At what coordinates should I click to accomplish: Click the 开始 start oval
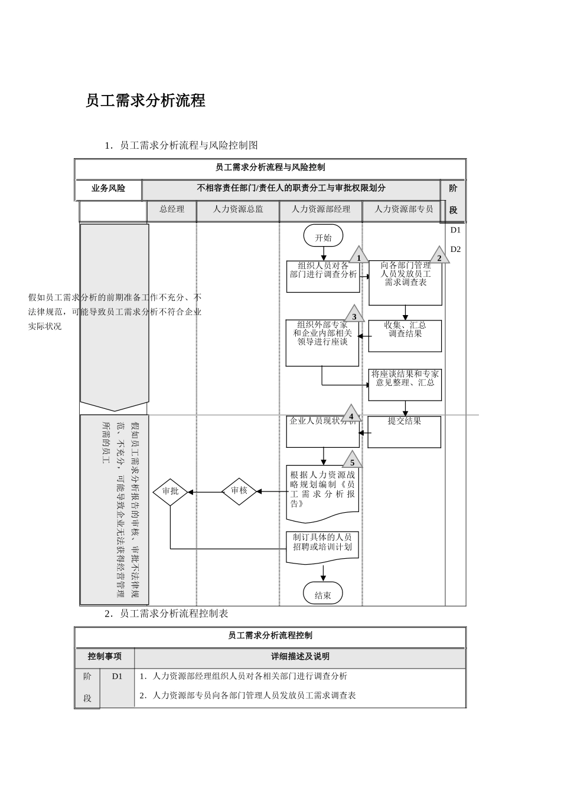323,236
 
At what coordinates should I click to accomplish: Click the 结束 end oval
323,594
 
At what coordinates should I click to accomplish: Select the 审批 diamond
170,491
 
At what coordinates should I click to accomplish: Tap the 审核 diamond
239,491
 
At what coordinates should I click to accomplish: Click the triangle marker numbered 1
358,256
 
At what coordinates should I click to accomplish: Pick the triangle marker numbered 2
439,256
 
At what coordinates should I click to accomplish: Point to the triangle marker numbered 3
354,314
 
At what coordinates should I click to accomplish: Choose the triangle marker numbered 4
351,414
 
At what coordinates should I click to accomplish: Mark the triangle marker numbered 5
353,460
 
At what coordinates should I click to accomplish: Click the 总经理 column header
172,209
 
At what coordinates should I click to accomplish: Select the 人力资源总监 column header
238,209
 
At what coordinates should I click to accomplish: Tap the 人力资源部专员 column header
403,209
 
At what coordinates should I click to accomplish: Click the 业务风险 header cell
109,189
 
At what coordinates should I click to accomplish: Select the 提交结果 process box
405,432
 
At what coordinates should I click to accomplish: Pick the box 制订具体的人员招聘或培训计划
322,546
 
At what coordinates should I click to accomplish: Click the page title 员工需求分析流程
145,101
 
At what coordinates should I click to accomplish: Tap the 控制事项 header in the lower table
105,657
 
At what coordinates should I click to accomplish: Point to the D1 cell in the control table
117,677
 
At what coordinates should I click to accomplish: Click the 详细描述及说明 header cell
300,657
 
